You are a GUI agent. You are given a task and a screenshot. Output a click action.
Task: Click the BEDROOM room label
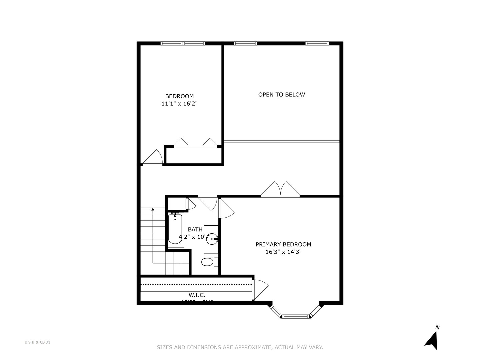(179, 96)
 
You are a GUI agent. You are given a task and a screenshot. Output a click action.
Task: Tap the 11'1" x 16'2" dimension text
(179, 104)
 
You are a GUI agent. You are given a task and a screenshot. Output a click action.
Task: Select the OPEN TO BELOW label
(281, 95)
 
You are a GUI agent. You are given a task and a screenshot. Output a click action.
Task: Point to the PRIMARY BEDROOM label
(283, 244)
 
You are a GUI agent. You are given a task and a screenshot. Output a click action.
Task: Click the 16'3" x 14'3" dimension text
(283, 252)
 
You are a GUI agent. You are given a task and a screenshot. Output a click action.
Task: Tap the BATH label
(195, 229)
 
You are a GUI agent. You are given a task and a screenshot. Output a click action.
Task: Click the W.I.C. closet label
(197, 295)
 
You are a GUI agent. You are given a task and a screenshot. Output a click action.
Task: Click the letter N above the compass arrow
(437, 327)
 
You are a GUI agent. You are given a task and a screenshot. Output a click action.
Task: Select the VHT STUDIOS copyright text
(37, 342)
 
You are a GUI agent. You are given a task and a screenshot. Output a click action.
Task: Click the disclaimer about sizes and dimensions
(240, 347)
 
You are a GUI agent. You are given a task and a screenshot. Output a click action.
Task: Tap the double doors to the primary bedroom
(280, 189)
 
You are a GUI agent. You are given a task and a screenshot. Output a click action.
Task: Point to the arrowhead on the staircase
(153, 209)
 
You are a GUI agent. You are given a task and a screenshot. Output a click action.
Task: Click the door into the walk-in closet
(259, 289)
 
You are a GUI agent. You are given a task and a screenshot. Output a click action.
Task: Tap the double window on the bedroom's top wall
(183, 43)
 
